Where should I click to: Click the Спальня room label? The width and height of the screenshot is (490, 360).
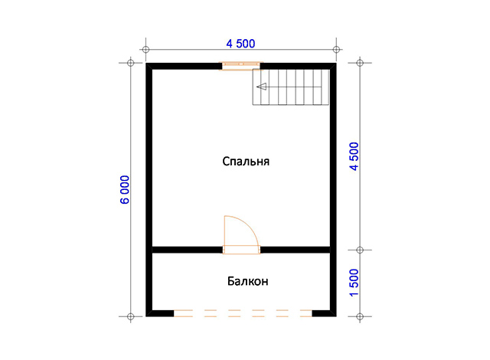tap(246, 162)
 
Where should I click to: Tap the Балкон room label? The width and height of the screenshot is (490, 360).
tap(247, 281)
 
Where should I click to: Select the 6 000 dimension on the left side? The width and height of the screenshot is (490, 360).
tap(125, 190)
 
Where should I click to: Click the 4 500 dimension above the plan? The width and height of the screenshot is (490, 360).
tap(240, 44)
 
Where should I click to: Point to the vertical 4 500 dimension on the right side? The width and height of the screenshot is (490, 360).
tap(354, 156)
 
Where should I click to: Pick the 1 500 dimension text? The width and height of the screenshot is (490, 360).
tap(354, 283)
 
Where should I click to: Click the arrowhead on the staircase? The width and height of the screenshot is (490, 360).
tap(262, 87)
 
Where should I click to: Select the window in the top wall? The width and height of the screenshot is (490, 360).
tap(241, 66)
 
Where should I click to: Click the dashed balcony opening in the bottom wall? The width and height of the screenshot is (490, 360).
tap(243, 313)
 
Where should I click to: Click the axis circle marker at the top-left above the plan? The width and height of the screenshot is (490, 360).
tap(145, 49)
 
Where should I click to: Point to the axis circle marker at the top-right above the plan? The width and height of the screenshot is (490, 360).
tap(336, 49)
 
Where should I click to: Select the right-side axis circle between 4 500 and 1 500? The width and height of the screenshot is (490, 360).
tap(360, 250)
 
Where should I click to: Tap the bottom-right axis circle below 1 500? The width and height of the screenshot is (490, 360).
tap(360, 316)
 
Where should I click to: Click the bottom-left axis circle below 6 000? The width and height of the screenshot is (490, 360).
tap(131, 316)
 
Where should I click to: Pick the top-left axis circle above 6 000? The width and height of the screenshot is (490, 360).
tap(131, 63)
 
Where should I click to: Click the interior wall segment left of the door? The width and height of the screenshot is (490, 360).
tap(187, 250)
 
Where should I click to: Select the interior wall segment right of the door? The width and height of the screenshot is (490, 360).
tap(295, 250)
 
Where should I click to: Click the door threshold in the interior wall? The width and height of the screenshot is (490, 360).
tap(241, 250)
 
